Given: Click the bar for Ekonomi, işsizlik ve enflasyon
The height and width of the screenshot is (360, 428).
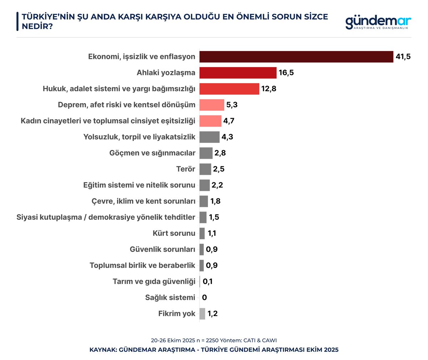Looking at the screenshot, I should coord(296,57).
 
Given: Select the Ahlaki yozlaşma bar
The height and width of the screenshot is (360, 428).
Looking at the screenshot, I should coord(238,73).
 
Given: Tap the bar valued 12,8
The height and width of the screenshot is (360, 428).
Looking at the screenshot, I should coord(229,89).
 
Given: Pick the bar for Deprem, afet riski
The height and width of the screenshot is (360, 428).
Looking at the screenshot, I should coord(212,105).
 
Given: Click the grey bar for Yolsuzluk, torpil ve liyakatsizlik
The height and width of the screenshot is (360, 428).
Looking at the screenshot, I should coord(209,137).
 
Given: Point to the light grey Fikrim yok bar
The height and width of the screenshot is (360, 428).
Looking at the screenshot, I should coord(202,314).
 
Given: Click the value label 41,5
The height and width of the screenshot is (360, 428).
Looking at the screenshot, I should coord(403,57).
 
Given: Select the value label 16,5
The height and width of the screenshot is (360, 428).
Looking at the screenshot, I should coord(286,73).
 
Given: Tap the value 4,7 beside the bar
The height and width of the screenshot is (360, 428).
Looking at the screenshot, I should coord(229,121).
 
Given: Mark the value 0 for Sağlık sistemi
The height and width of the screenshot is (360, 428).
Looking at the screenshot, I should coord(204,298).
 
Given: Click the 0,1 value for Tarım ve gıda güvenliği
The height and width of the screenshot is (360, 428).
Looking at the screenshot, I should coord(208,282).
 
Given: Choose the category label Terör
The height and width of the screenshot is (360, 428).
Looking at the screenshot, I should coord(185,169).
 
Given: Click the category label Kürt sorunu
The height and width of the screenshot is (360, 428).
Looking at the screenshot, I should coord(174,233).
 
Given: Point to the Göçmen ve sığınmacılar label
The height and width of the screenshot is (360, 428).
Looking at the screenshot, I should coord(152,153).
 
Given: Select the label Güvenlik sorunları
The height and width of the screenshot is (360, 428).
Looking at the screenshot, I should coord(162,249).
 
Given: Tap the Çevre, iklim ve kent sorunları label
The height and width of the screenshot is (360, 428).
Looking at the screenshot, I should coord(143,201).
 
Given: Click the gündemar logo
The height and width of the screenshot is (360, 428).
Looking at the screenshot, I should coord(378,22).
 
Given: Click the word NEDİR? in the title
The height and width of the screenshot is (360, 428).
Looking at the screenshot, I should coord(37,26).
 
